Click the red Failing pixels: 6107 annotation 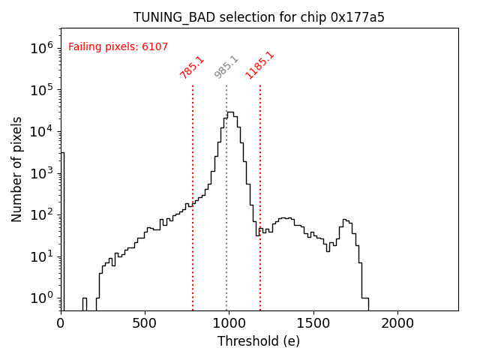click(x=118, y=47)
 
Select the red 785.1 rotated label click(x=192, y=67)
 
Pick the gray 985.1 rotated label click(x=226, y=67)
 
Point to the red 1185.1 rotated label click(x=259, y=65)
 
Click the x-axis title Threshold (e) click(x=259, y=341)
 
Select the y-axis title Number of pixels click(x=17, y=169)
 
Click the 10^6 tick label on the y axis click(x=41, y=48)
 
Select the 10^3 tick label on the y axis click(x=41, y=173)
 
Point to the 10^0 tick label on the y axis click(x=41, y=298)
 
